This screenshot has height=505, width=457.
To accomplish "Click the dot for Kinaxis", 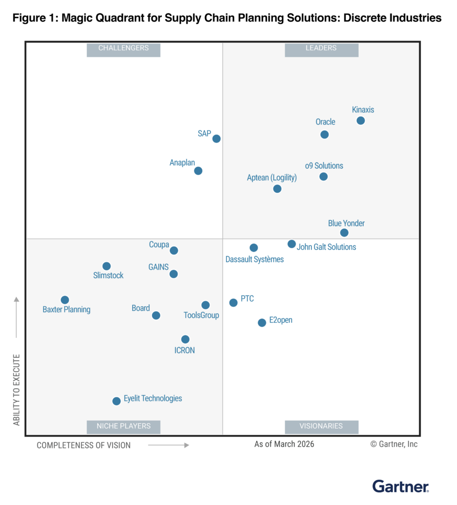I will (x=361, y=121).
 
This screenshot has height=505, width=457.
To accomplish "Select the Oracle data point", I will (x=324, y=135).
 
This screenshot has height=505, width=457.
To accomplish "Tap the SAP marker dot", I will (x=216, y=139).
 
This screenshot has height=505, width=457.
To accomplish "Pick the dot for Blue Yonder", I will (x=344, y=233).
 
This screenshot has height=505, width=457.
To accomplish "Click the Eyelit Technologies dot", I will (x=116, y=401).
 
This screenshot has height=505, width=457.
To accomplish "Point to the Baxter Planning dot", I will (x=65, y=300).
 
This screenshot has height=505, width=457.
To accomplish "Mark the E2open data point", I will (x=262, y=323).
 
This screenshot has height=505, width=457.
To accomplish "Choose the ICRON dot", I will (x=185, y=339).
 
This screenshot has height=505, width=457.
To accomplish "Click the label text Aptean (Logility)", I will (x=272, y=178).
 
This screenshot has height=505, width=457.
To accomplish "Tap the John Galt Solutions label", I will (x=326, y=247).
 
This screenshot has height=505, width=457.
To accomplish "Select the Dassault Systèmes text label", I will (x=255, y=259).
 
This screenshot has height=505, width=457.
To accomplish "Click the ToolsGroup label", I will (x=201, y=315).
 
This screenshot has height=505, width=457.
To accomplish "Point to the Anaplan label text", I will (x=182, y=162).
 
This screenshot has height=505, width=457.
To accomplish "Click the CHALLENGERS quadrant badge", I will (x=123, y=48).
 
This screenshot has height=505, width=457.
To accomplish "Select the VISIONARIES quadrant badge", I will (x=321, y=426).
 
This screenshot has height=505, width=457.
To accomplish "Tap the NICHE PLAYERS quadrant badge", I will (x=123, y=426).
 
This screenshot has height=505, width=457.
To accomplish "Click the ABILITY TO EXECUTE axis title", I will (x=17, y=390).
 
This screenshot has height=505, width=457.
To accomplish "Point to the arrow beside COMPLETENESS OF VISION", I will (x=168, y=445).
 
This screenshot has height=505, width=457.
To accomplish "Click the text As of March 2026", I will (x=284, y=444).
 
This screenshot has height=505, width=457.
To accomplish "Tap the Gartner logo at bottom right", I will (x=400, y=486).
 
